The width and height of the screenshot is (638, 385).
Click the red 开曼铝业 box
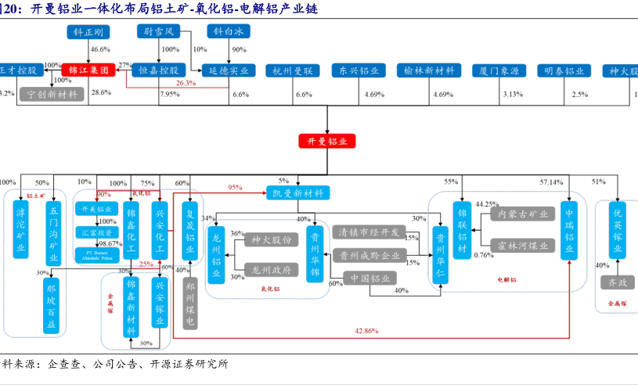point(326,142)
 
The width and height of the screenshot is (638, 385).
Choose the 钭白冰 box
point(228,32)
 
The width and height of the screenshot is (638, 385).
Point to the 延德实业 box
point(228,70)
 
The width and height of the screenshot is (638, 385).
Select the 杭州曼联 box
point(293,70)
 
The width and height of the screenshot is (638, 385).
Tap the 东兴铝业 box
point(359,70)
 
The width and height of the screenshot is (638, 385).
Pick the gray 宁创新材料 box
point(52,94)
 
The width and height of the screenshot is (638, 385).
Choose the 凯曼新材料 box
point(297,192)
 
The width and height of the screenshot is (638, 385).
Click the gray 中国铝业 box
point(371,277)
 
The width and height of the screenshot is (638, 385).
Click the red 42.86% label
point(366,331)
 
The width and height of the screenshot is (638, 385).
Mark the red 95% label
point(235,188)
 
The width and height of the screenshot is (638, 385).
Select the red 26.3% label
point(186,82)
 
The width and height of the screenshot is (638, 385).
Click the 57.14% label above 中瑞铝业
point(550,182)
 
